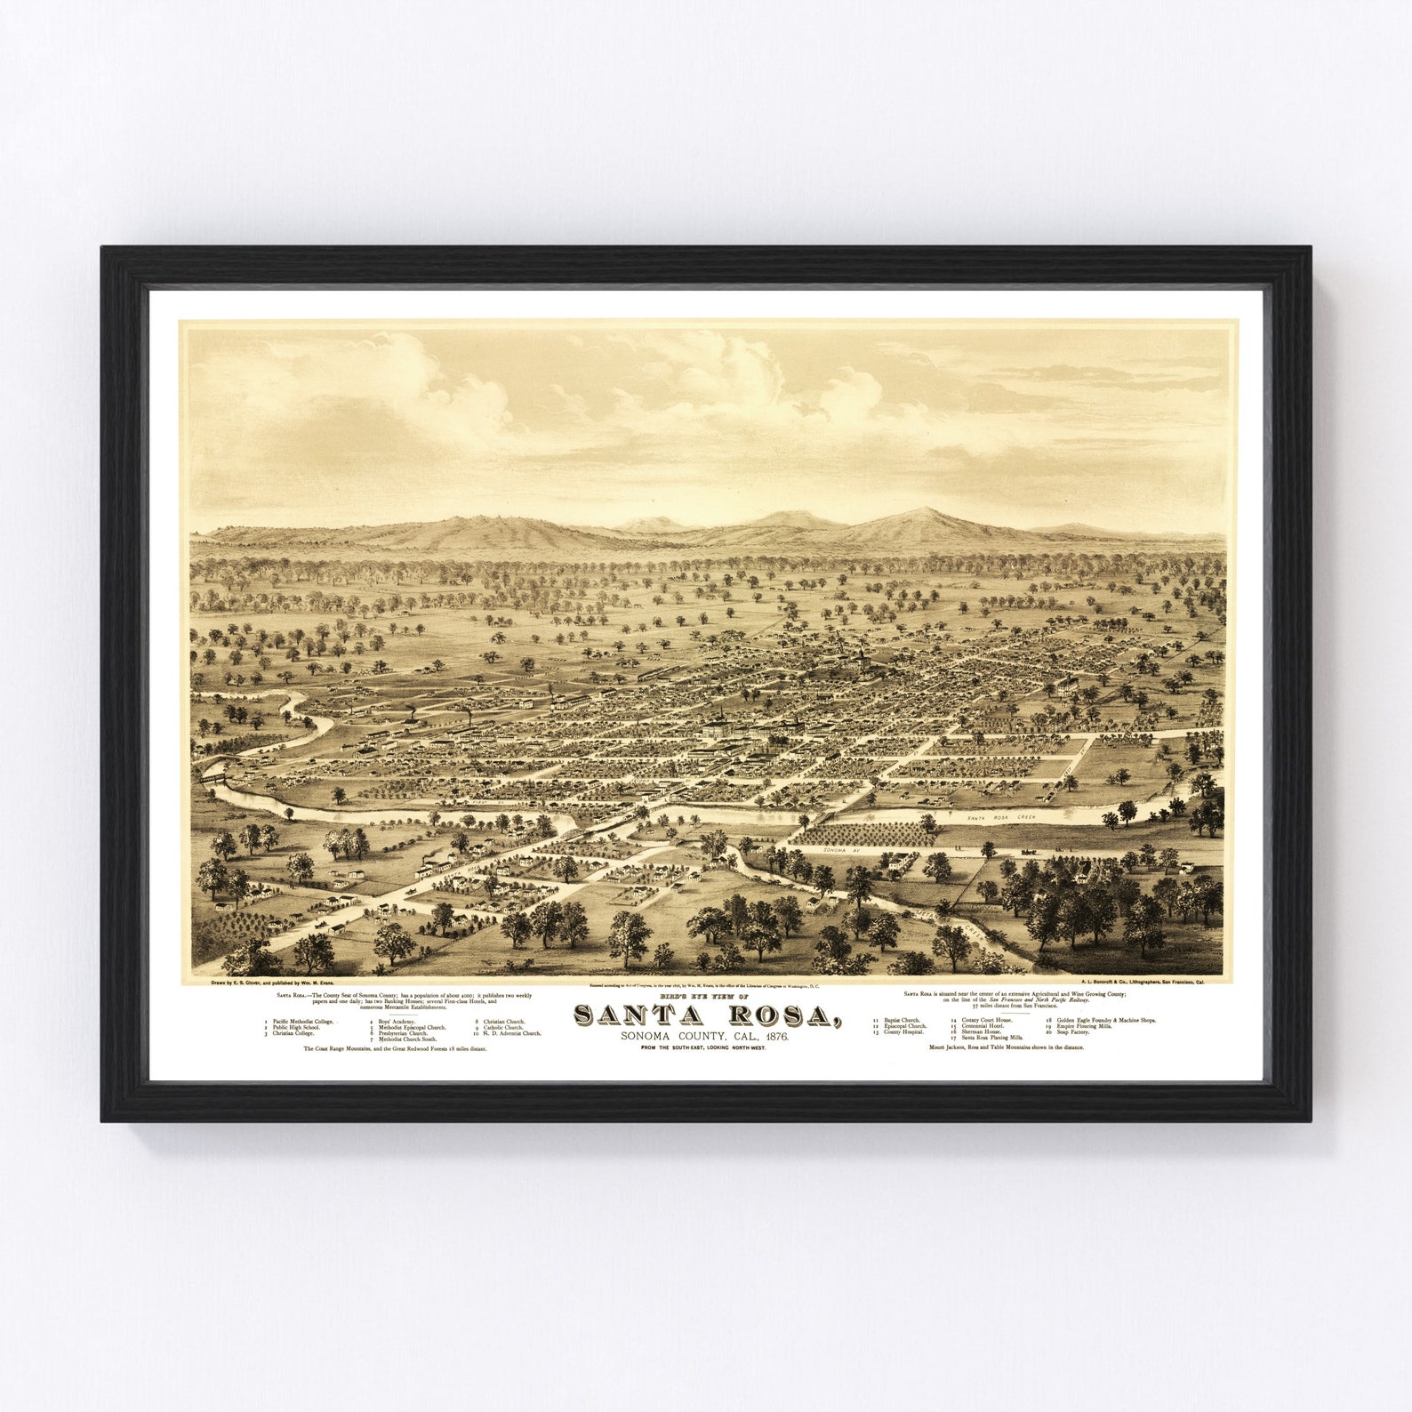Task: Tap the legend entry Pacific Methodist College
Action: click(x=303, y=1022)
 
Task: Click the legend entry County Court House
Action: click(x=986, y=1020)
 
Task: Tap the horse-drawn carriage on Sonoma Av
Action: click(x=1031, y=852)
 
